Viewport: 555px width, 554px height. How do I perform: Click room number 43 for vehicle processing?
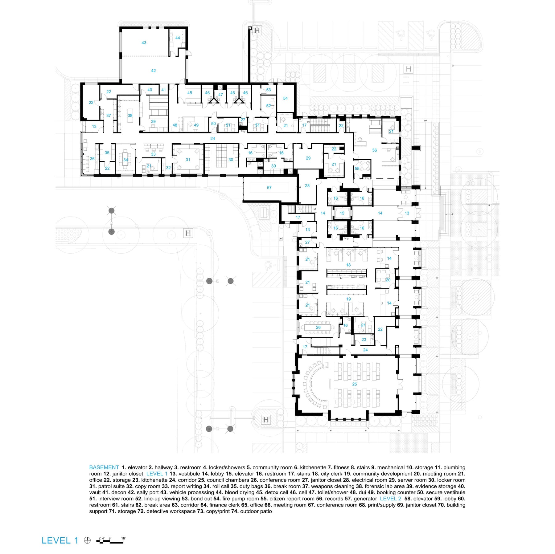click(x=144, y=43)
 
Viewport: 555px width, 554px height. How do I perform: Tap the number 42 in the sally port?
click(x=153, y=71)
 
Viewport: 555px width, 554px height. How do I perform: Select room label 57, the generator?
click(x=269, y=188)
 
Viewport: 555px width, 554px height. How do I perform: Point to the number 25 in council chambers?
click(x=355, y=384)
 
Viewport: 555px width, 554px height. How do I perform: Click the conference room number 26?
click(x=318, y=328)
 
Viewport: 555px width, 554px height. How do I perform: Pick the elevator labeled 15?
click(x=342, y=213)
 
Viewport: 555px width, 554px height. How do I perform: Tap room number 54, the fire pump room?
click(x=285, y=98)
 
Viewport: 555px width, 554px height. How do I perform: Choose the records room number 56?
click(x=374, y=150)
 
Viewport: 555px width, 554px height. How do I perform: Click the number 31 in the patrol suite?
click(x=188, y=160)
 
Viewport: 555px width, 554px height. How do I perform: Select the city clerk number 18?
click(x=348, y=265)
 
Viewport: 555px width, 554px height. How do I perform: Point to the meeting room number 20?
click(x=388, y=280)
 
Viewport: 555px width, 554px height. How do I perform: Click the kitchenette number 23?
click(x=364, y=340)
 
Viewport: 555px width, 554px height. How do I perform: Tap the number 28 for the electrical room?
click(x=307, y=186)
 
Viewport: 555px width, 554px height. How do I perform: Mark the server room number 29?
click(x=308, y=158)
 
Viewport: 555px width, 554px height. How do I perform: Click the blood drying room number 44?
click(x=178, y=38)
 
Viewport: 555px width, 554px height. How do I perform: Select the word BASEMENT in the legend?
click(x=104, y=467)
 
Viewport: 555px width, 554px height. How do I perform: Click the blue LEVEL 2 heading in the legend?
click(x=390, y=499)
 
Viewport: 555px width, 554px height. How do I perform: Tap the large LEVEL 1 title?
click(x=60, y=540)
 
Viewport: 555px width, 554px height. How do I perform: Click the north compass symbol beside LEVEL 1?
click(x=87, y=540)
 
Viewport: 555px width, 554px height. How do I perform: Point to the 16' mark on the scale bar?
click(x=123, y=538)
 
